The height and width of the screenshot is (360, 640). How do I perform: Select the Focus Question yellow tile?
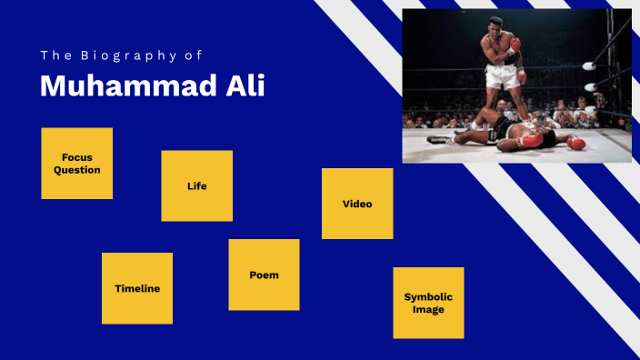(x=77, y=164)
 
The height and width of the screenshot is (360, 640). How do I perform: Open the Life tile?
(x=197, y=186)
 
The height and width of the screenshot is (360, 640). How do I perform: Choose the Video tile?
(x=357, y=204)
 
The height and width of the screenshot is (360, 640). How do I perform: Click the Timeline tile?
(x=137, y=288)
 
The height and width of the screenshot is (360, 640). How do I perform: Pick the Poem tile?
(x=264, y=275)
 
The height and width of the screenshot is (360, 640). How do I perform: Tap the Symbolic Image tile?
(x=428, y=303)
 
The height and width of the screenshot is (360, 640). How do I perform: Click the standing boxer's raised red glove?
(x=515, y=44)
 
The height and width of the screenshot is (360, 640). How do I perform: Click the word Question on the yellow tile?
(x=77, y=170)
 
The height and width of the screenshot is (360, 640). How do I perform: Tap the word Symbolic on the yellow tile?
(x=428, y=296)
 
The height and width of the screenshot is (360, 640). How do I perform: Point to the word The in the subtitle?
(x=52, y=55)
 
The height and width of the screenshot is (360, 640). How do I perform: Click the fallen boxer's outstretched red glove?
(x=576, y=143)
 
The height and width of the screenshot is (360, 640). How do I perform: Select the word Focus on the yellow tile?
(x=77, y=157)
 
